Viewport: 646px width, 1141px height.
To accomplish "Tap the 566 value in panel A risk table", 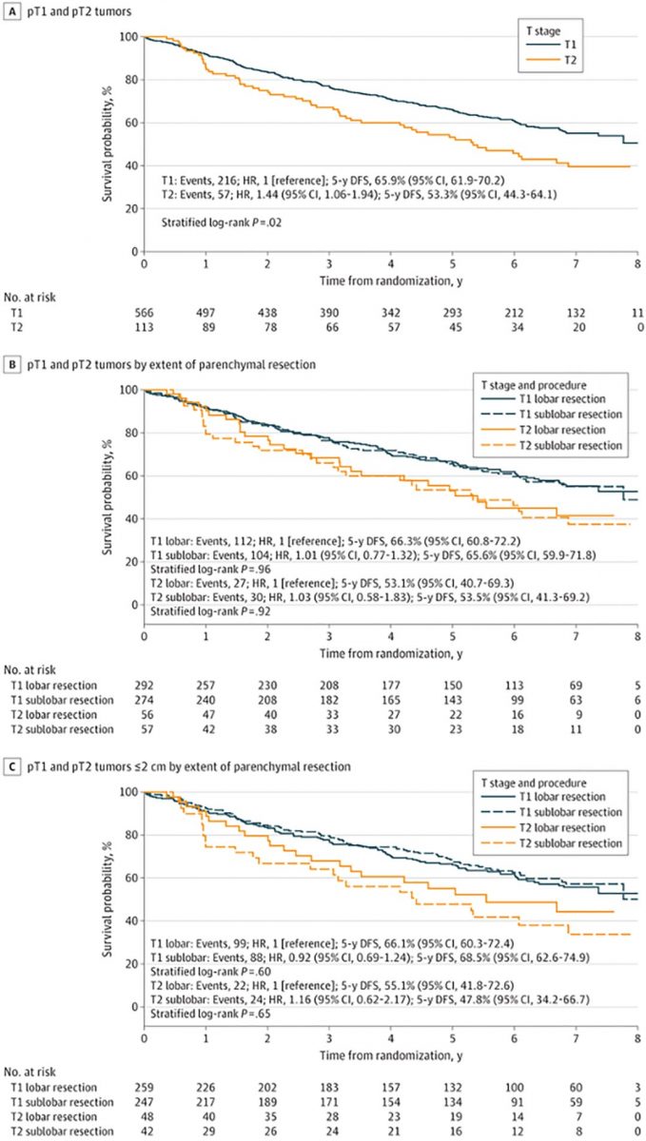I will [x=144, y=311].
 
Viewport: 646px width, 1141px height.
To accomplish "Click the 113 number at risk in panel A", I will [x=144, y=326].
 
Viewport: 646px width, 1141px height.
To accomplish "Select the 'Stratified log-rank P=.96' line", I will [x=206, y=561].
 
